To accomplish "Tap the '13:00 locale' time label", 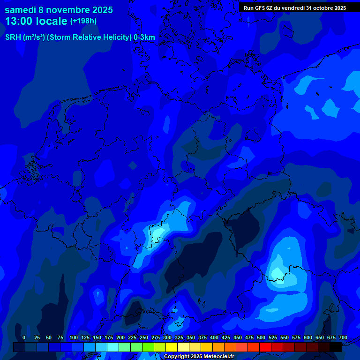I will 36,21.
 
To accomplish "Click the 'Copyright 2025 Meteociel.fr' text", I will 199,356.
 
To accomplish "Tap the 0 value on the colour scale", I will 24,337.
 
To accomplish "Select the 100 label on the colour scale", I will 74,337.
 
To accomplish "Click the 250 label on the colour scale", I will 144,337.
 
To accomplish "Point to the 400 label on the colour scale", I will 214,337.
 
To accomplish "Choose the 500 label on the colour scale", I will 261,337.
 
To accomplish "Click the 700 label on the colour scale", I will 343,337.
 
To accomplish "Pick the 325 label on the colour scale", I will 179,337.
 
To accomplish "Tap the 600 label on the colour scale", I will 308,337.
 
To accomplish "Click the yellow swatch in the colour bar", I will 172,347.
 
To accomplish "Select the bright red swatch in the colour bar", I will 265,347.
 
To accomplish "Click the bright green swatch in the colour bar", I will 136,347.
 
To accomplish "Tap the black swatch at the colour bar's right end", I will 336,347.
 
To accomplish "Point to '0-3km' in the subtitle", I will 144,37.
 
